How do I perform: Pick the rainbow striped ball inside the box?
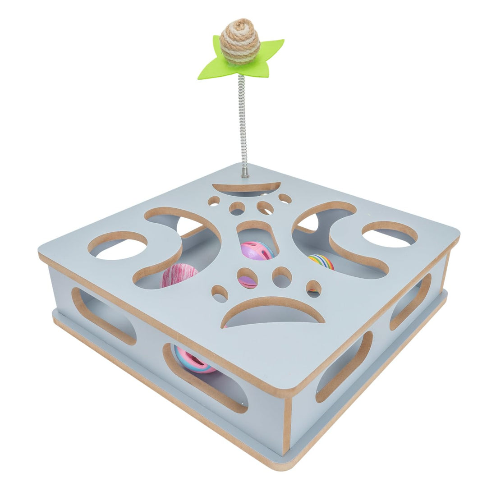[322, 262]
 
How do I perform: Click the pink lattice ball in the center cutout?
[256, 251]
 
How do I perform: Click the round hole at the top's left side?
[118, 245]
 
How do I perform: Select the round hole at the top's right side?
[390, 234]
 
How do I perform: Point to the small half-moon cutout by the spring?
[246, 188]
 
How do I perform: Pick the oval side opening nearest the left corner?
[104, 315]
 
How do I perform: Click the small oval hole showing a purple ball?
[248, 279]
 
